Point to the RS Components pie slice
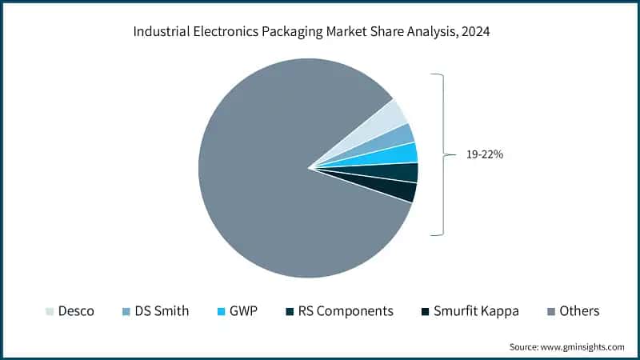coord(403,172)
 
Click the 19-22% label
coord(485,154)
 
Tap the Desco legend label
coord(76,310)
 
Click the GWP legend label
coord(243,310)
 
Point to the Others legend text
coord(580,310)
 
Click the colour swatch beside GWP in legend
coord(222,310)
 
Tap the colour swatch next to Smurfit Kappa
coord(426,310)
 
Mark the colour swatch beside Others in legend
coord(553,310)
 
